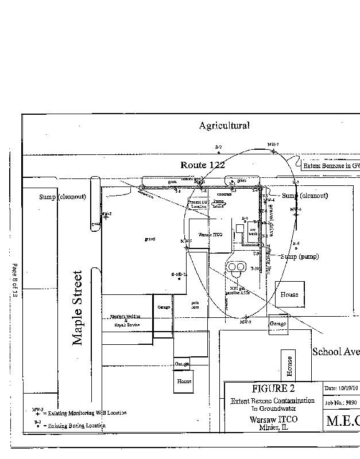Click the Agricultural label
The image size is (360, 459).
pyautogui.click(x=224, y=125)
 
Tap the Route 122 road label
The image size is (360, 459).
pyautogui.click(x=203, y=165)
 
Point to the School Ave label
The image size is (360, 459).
pyautogui.click(x=335, y=351)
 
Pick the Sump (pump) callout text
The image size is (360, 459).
pyautogui.click(x=300, y=256)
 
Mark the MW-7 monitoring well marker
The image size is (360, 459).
pyautogui.click(x=273, y=151)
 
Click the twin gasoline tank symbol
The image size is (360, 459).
pyautogui.click(x=236, y=267)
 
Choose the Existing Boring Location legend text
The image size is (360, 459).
pyautogui.click(x=78, y=426)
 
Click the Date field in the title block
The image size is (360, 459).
pyautogui.click(x=342, y=388)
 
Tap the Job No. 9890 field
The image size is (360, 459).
pyautogui.click(x=342, y=403)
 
